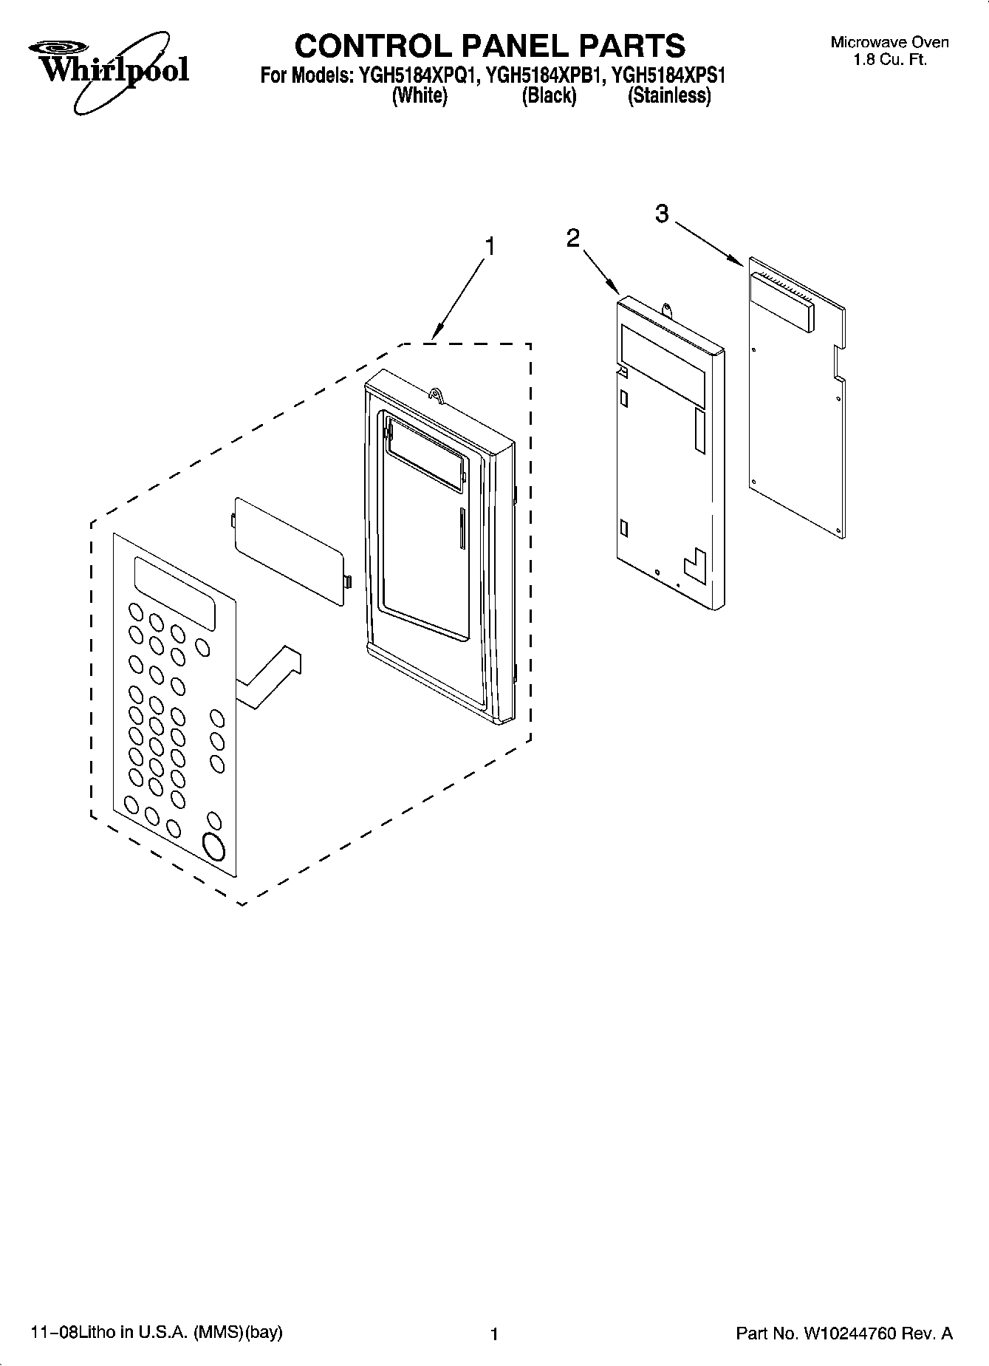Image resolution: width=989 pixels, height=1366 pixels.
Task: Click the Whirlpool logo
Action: click(109, 70)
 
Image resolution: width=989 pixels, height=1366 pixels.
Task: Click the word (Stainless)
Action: click(669, 96)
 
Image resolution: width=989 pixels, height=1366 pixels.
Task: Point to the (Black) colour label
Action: click(549, 96)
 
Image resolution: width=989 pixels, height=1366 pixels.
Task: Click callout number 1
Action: click(488, 246)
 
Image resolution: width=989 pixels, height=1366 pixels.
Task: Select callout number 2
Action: click(573, 238)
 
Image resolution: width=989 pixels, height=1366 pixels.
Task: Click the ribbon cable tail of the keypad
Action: click(270, 676)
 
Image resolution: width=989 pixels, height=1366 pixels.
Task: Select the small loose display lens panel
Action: click(290, 550)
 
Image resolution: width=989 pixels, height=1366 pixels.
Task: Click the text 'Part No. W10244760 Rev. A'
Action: click(844, 1333)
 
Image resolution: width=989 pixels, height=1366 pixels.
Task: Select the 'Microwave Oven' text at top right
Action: click(889, 43)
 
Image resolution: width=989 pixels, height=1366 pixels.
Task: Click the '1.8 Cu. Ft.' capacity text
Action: click(889, 60)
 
